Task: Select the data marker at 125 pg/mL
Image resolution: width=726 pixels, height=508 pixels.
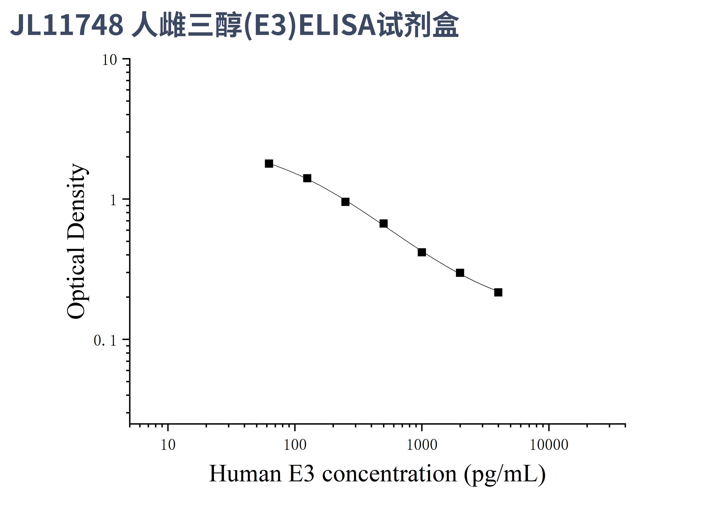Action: (307, 178)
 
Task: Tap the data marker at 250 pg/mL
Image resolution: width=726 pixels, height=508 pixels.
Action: (345, 202)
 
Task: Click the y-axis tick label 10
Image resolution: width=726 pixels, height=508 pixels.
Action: (109, 60)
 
